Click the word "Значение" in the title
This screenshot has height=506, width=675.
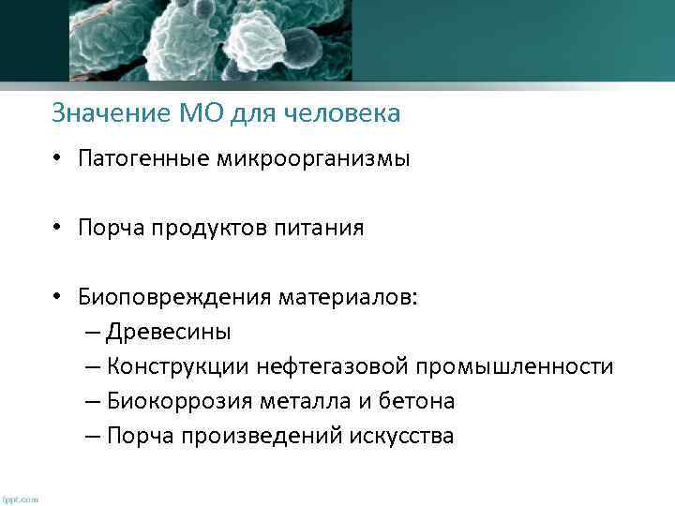(x=110, y=114)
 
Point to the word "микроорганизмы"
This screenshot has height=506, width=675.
(x=307, y=159)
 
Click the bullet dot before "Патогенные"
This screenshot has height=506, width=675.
(x=58, y=159)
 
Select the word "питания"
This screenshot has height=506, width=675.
(x=318, y=229)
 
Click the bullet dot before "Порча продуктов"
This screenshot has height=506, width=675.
(x=58, y=229)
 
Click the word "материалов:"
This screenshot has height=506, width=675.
(x=349, y=298)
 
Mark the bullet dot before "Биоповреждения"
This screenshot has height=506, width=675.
(x=58, y=298)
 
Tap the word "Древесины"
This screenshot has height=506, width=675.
(x=169, y=333)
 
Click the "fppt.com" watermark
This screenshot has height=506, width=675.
(x=21, y=499)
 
